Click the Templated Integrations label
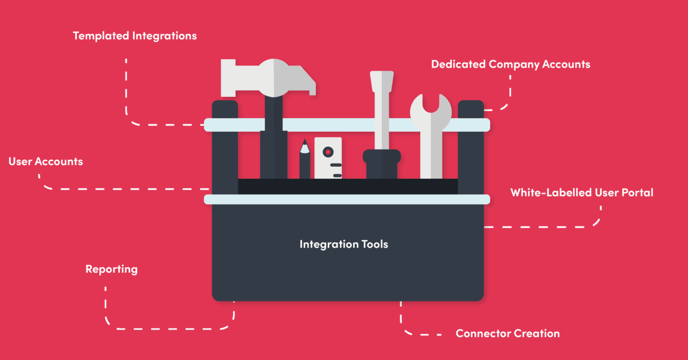[x=135, y=36]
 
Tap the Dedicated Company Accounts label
[x=510, y=64]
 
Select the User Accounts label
[x=45, y=162]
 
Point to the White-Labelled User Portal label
[x=581, y=193]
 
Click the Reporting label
[x=111, y=269]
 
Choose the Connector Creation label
[x=507, y=333]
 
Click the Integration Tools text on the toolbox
[x=343, y=244]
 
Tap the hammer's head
[x=269, y=77]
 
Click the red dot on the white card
[x=327, y=152]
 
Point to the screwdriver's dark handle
[x=381, y=164]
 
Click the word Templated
[x=101, y=36]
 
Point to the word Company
[x=511, y=64]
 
